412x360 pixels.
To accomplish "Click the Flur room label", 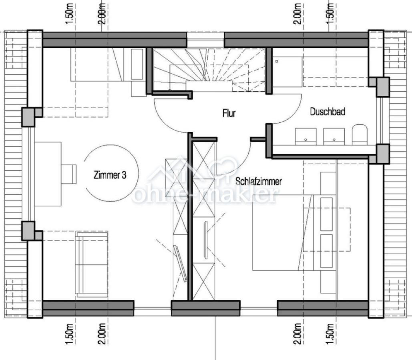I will click(x=229, y=114).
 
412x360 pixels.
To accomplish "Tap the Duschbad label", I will click(x=327, y=112).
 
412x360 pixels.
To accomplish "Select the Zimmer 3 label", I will click(x=110, y=175).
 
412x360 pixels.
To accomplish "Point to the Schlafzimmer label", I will click(x=258, y=181).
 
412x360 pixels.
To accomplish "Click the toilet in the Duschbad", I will click(x=360, y=134).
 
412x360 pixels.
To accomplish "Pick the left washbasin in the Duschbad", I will click(x=306, y=136).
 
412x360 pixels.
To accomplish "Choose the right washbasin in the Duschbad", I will click(x=334, y=136).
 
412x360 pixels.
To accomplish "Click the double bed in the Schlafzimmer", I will click(x=288, y=232).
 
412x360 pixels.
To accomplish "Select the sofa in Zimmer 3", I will click(x=92, y=264).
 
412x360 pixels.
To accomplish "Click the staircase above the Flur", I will click(x=208, y=70).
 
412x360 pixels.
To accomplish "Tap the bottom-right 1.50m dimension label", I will click(x=331, y=333).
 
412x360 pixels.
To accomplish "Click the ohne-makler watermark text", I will click(x=204, y=195).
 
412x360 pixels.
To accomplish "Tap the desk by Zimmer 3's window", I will click(x=48, y=174).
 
